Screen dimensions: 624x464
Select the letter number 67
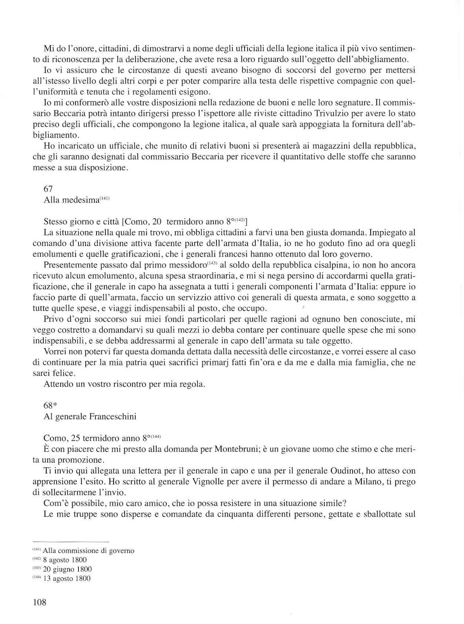48,189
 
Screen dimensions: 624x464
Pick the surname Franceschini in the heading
113,416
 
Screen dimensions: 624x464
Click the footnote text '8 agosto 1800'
65,560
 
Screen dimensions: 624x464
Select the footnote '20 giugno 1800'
67,569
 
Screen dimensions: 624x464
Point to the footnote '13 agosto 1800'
67,579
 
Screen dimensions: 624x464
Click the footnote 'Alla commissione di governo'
88,551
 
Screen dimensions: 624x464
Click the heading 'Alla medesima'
71,200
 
